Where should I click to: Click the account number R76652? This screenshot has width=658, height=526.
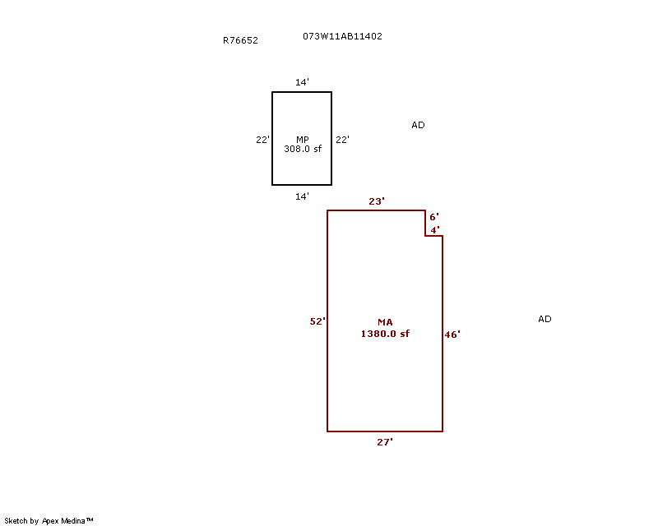pyautogui.click(x=240, y=40)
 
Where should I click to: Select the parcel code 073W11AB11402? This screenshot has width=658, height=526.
pyautogui.click(x=342, y=36)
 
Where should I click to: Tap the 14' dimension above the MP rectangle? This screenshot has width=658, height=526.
pyautogui.click(x=302, y=82)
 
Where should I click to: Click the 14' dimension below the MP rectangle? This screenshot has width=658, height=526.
pyautogui.click(x=302, y=196)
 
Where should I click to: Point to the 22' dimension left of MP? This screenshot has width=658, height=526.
pyautogui.click(x=262, y=140)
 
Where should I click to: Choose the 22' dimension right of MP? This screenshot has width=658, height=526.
pyautogui.click(x=342, y=140)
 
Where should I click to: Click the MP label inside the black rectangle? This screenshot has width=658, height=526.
pyautogui.click(x=303, y=139)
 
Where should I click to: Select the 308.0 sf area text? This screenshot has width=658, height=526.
pyautogui.click(x=303, y=149)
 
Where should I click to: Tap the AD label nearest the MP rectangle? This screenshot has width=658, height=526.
pyautogui.click(x=418, y=125)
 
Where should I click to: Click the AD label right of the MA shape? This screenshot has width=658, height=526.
pyautogui.click(x=544, y=319)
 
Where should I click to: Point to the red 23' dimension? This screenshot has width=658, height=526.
pyautogui.click(x=377, y=201)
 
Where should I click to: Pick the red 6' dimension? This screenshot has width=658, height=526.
pyautogui.click(x=434, y=217)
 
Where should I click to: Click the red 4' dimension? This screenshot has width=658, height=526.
pyautogui.click(x=435, y=230)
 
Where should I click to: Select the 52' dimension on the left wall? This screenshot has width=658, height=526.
pyautogui.click(x=317, y=321)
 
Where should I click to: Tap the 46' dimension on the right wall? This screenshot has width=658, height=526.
pyautogui.click(x=452, y=335)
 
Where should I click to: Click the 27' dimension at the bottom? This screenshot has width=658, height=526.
pyautogui.click(x=385, y=442)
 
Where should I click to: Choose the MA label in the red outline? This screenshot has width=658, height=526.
pyautogui.click(x=385, y=322)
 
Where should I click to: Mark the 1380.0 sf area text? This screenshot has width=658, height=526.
pyautogui.click(x=385, y=334)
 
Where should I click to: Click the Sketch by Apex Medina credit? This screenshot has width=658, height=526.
pyautogui.click(x=49, y=520)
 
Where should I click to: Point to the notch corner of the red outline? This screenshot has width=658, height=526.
pyautogui.click(x=425, y=236)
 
